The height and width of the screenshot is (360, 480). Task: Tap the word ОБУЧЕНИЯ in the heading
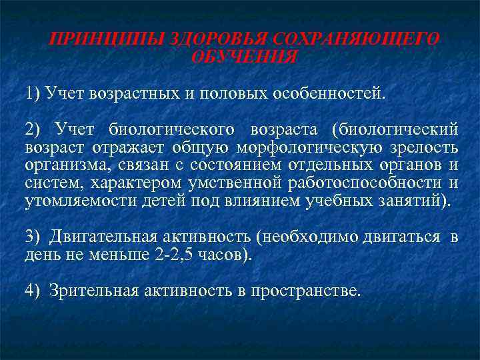(x=244, y=56)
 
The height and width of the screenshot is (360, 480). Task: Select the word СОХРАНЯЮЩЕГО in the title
(x=371, y=39)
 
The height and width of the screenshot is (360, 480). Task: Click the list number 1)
(x=34, y=91)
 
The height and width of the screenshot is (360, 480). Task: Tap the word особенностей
(x=329, y=91)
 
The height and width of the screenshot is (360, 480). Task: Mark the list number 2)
(x=34, y=127)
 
